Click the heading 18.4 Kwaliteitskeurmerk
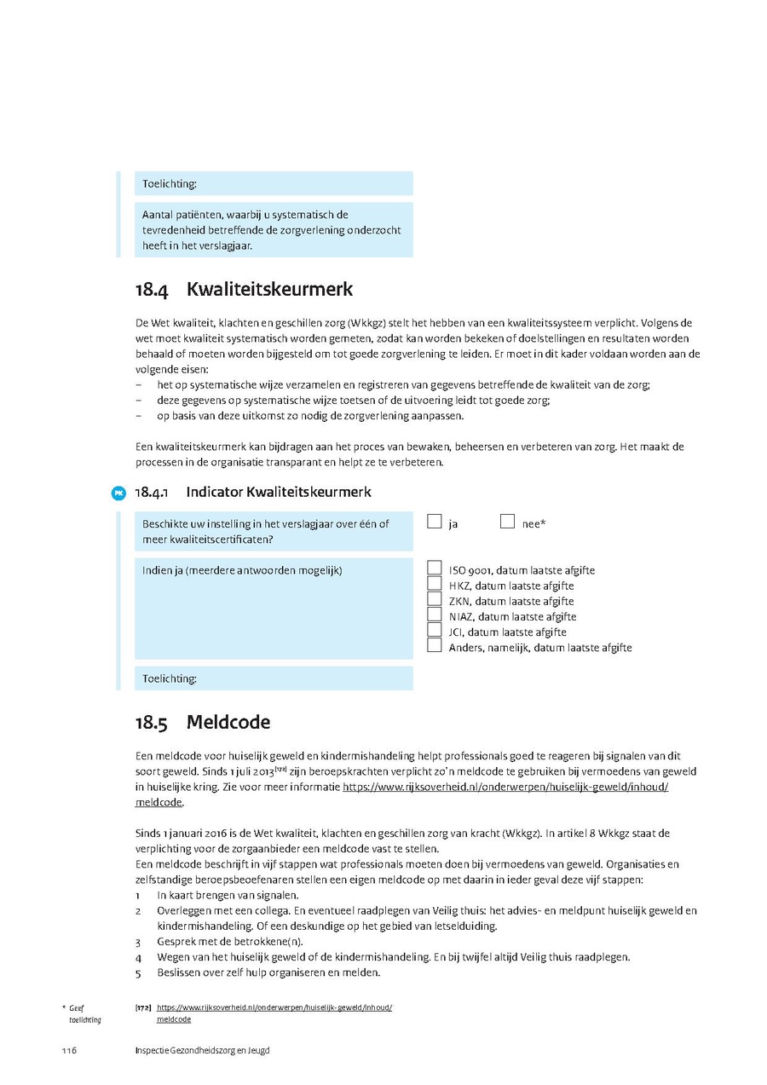point(243,290)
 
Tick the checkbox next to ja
point(435,522)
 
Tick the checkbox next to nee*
point(508,522)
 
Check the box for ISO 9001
point(435,568)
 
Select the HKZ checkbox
point(435,585)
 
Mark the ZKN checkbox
point(435,600)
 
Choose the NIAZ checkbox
point(435,615)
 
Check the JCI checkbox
point(435,631)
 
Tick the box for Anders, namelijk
point(435,646)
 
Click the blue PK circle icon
point(118,493)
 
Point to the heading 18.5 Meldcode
point(202,723)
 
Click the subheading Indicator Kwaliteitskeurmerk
point(278,492)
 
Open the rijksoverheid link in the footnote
point(274,1007)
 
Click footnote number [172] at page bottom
point(143,1007)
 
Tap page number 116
point(69,1050)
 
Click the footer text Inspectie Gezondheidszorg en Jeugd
point(202,1050)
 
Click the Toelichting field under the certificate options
point(274,678)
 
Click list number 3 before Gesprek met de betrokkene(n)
point(138,942)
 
